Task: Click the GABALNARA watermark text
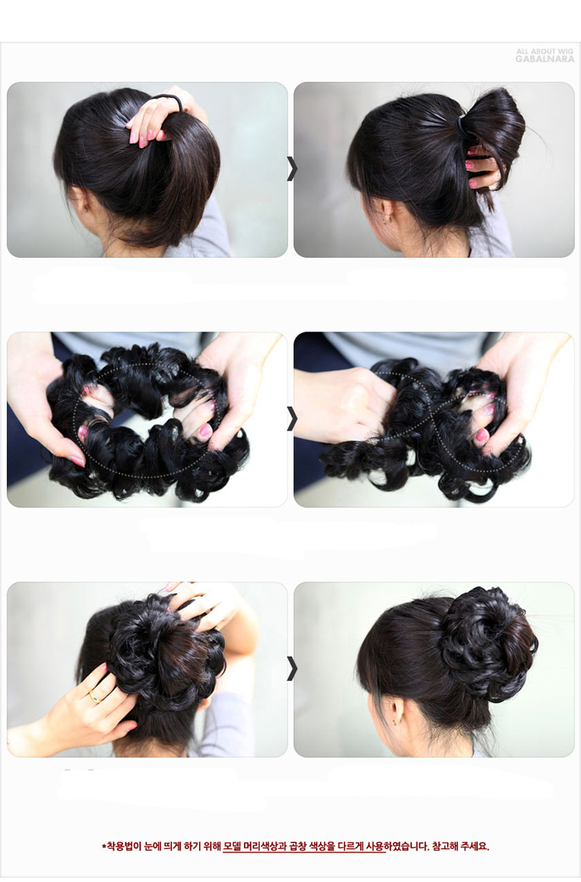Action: coord(545,59)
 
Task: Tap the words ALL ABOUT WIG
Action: coord(545,51)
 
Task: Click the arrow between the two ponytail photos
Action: coord(291,169)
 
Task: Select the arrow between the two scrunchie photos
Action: coord(291,418)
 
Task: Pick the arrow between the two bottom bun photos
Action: coord(291,668)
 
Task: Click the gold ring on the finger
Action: coord(95,698)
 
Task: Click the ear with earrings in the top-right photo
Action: coord(387,213)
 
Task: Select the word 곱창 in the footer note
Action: coord(298,846)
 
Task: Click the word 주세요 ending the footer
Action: coord(475,846)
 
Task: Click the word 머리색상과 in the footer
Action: coord(266,846)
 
